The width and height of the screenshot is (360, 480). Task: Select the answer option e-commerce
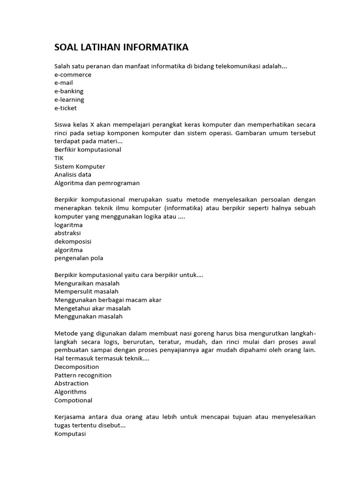(x=73, y=75)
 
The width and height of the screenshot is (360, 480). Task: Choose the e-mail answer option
(x=64, y=83)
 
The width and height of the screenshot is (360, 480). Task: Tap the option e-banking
(x=69, y=91)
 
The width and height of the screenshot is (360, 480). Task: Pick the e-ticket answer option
(x=66, y=108)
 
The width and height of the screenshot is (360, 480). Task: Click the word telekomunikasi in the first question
(x=238, y=66)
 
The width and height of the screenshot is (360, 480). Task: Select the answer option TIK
(x=59, y=158)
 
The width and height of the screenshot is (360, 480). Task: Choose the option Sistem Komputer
(x=80, y=166)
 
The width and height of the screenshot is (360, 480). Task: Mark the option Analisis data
(x=73, y=175)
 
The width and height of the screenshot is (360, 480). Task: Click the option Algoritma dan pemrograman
(x=97, y=183)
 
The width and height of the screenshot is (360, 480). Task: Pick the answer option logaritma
(x=68, y=225)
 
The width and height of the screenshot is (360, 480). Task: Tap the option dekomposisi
(x=73, y=241)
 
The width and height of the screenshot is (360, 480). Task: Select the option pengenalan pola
(x=79, y=258)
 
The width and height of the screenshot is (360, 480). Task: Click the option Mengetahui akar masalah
(x=92, y=308)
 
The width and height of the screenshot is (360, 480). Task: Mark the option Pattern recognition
(x=83, y=375)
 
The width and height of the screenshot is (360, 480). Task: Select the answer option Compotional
(x=73, y=400)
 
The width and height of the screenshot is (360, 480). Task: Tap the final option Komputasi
(x=70, y=434)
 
